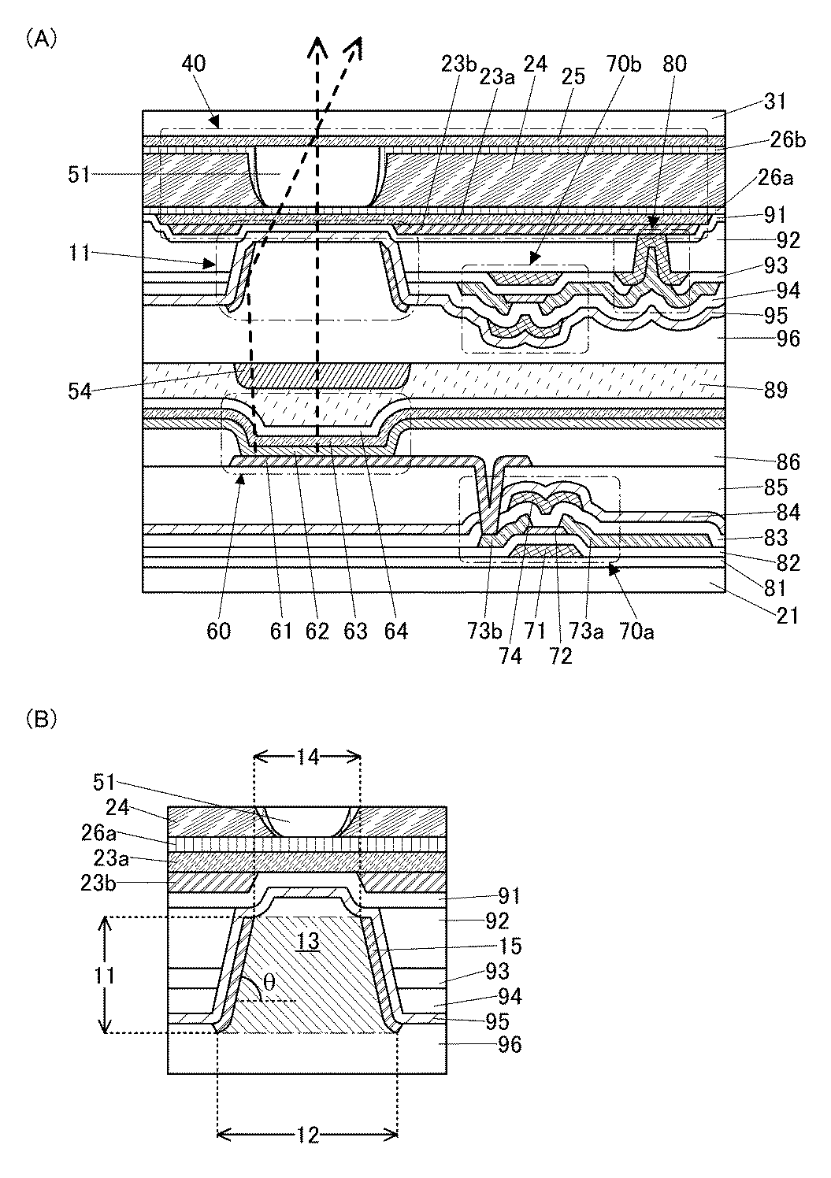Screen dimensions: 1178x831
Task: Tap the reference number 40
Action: [194, 64]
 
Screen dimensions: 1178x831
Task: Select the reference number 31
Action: [775, 102]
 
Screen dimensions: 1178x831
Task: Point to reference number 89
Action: [775, 390]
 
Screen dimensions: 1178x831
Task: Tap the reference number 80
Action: [674, 64]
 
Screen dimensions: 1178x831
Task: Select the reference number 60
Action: [219, 631]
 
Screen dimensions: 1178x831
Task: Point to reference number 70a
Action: [639, 631]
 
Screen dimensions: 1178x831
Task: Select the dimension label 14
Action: [308, 757]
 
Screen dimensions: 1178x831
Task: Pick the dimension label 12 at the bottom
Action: [308, 1135]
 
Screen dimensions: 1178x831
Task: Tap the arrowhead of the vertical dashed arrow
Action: [317, 46]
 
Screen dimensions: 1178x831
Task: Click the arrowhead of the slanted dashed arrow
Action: [354, 47]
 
